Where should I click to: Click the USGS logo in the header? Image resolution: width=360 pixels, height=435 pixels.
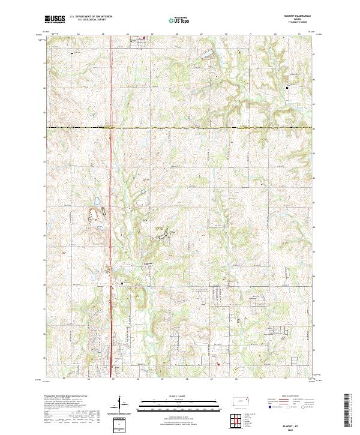[x=55, y=19]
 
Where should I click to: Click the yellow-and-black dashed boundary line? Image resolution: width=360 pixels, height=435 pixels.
[x=180, y=128]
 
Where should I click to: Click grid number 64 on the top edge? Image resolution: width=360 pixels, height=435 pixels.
[x=78, y=34]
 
